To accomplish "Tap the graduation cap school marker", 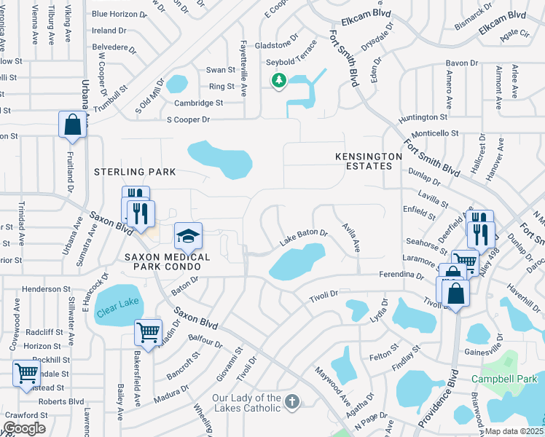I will (188, 237).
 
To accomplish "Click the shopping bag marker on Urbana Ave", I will (72, 125).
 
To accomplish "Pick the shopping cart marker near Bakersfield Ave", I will (148, 333).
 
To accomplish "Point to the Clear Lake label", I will (117, 303).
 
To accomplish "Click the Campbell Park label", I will (502, 379).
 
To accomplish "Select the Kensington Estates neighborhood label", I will (369, 161).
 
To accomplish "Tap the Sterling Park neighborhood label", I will (135, 172).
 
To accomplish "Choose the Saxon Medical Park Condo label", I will (167, 262).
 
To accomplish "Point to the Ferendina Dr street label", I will (400, 276).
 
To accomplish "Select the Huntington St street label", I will (423, 117).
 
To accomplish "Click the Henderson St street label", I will (47, 289).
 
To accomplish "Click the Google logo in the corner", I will (24, 428).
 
